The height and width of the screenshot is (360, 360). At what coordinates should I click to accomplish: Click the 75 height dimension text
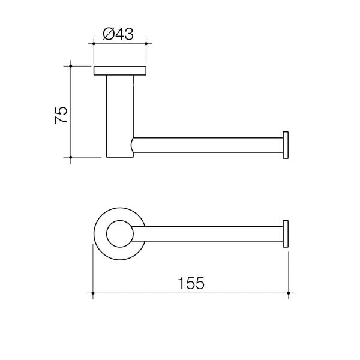point(61,115)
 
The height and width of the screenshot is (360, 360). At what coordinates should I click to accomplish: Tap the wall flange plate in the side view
point(119,71)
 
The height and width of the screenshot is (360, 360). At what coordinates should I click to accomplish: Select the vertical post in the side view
point(119,114)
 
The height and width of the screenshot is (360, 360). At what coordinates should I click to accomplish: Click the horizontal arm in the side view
point(207,146)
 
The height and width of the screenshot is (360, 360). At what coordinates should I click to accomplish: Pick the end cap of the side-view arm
point(286,146)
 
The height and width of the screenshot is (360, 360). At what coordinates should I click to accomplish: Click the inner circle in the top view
point(119,234)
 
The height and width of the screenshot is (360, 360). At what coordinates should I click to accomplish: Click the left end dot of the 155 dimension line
point(93,294)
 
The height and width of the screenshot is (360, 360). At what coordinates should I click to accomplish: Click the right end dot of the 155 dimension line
point(289,294)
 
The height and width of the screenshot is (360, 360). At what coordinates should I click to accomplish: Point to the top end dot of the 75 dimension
point(71,66)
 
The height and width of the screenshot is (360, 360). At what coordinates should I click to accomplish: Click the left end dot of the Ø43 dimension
point(94,43)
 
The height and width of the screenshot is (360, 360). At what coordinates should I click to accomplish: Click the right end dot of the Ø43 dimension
point(145,43)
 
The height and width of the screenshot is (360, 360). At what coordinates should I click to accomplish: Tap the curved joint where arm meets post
point(133,146)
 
